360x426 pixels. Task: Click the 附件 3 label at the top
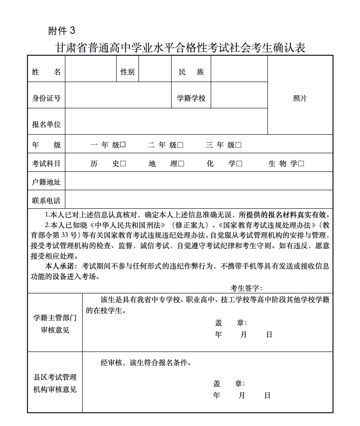click(x=62, y=31)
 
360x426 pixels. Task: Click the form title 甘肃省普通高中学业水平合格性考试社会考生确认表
click(x=180, y=48)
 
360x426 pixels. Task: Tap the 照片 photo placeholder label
click(x=300, y=98)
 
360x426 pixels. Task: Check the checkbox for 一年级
click(x=123, y=145)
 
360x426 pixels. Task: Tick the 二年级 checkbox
click(x=180, y=145)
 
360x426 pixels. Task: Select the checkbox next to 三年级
click(x=238, y=145)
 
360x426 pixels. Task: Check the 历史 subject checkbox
click(x=123, y=164)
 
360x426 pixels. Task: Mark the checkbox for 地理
click(x=181, y=164)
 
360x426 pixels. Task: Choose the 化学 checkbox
click(x=239, y=164)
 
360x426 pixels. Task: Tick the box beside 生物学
click(x=301, y=164)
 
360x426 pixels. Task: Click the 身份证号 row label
click(x=46, y=98)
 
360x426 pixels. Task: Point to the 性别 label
click(x=127, y=72)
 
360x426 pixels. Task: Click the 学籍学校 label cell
click(x=191, y=98)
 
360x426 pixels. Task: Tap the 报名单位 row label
click(x=46, y=125)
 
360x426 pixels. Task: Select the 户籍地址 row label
click(x=46, y=182)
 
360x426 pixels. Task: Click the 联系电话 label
click(x=46, y=201)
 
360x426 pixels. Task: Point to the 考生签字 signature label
click(x=246, y=288)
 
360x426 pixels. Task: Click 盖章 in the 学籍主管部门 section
click(x=231, y=323)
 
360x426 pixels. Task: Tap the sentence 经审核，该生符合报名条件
click(x=146, y=363)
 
